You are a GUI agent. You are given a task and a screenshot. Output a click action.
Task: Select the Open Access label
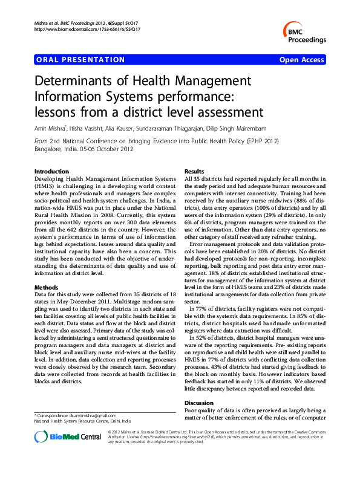[x=302, y=60]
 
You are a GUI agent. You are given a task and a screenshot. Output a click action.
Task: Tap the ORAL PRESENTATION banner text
[x=80, y=60]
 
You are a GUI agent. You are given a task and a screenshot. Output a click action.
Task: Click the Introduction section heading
[x=52, y=172]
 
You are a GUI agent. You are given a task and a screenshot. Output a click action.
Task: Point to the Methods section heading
[x=46, y=270]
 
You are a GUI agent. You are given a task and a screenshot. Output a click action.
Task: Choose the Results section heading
[x=194, y=172]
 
